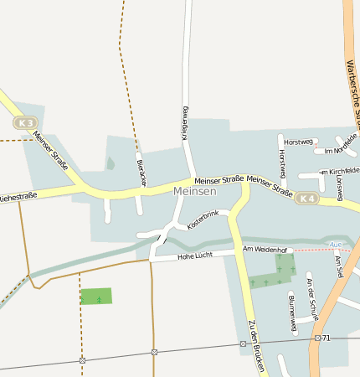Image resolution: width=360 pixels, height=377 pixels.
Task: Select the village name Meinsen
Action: point(195,192)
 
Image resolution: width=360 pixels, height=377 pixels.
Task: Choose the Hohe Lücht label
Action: point(195,256)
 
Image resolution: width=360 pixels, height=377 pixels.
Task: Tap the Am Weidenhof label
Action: point(265,250)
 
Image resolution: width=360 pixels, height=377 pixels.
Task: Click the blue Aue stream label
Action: point(337,245)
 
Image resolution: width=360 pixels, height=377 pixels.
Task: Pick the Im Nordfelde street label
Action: point(335,151)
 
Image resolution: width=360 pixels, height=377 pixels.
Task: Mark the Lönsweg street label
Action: point(339,188)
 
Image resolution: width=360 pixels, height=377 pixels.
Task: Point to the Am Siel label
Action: point(338,267)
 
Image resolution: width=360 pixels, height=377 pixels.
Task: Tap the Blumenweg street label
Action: point(291,313)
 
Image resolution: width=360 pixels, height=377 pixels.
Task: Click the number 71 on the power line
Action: point(327,338)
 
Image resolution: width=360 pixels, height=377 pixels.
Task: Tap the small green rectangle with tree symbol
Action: point(96,297)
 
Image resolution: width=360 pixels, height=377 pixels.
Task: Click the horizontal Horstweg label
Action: point(298,141)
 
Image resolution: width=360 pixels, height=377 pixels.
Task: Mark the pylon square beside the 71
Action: point(317,338)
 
